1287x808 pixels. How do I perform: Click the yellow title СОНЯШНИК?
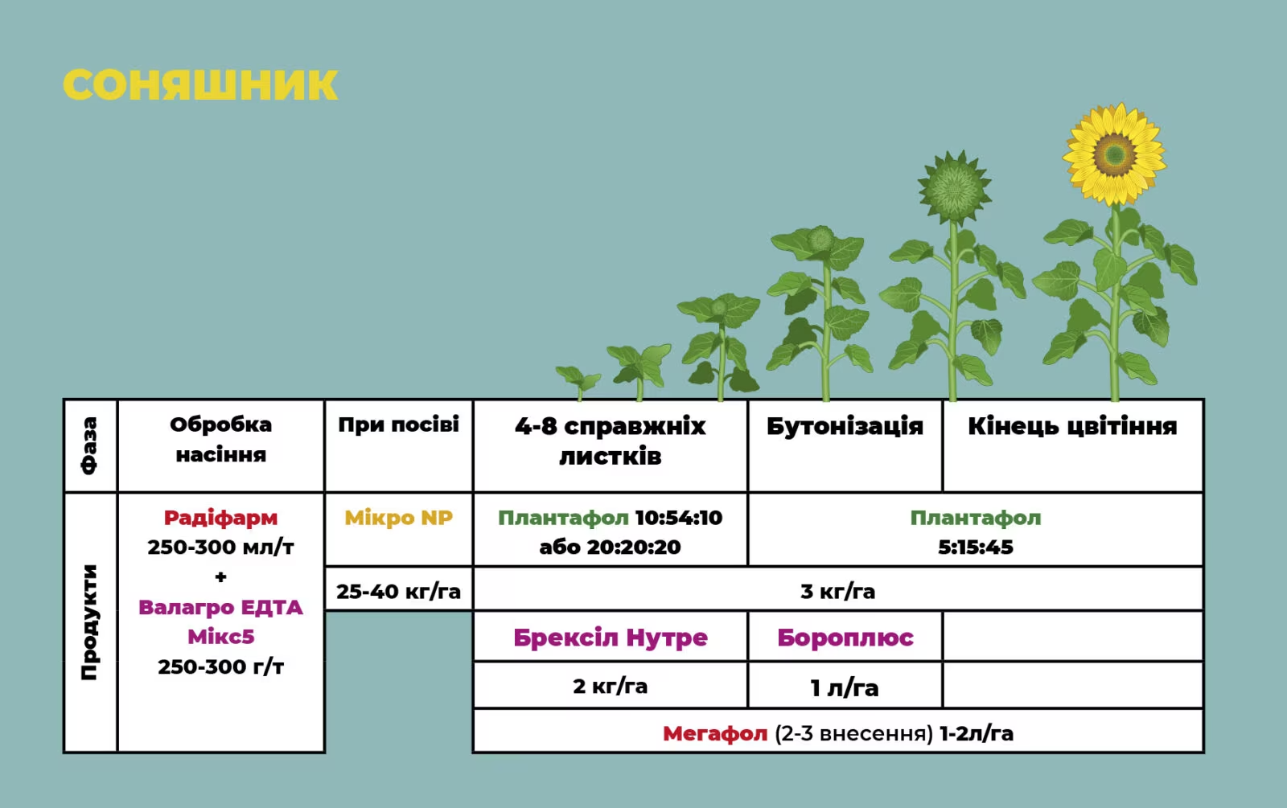point(200,85)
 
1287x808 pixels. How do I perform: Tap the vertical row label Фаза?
point(89,445)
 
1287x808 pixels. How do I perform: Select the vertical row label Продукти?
point(89,622)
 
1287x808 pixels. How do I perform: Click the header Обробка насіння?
point(220,439)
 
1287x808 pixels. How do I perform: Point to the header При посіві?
point(398,425)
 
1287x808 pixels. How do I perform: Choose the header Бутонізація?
point(845,426)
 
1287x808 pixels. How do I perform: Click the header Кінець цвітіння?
point(1072,426)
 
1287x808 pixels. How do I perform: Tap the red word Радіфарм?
point(220,518)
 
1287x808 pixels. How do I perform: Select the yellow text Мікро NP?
point(398,518)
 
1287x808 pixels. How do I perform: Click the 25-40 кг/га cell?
point(398,591)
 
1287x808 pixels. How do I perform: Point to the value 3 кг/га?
point(837,591)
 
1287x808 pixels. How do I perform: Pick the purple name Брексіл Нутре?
point(611,638)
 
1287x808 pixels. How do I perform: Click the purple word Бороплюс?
point(845,638)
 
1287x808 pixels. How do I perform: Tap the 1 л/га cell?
point(844,687)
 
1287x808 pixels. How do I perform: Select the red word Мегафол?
point(715,733)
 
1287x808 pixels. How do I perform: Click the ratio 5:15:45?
point(976,547)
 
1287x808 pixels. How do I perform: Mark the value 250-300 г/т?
point(220,666)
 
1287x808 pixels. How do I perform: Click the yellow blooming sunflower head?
point(1115,154)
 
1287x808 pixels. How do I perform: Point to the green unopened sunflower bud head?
point(954,187)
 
